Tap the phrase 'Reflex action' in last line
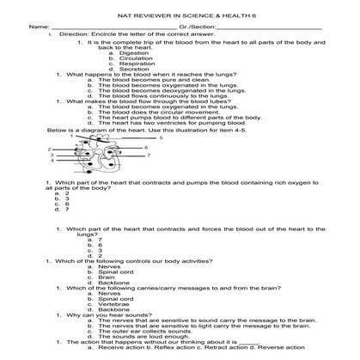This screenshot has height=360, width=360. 170,347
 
